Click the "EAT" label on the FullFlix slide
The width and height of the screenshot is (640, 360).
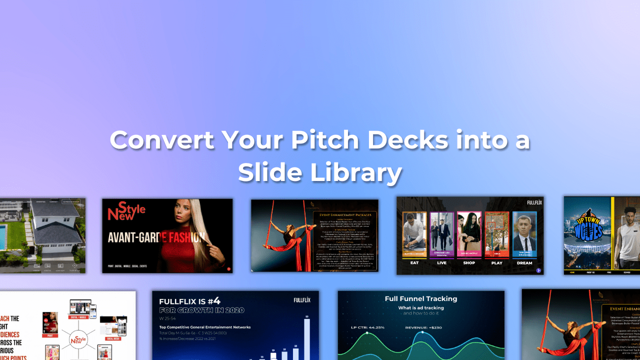click(x=414, y=263)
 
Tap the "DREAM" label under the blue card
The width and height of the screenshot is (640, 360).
click(x=524, y=263)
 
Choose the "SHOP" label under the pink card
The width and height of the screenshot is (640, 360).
click(x=469, y=263)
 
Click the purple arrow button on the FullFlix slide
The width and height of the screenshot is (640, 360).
click(x=538, y=270)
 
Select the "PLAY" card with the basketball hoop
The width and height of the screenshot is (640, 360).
click(x=496, y=235)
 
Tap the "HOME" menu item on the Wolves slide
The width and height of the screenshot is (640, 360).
click(x=572, y=272)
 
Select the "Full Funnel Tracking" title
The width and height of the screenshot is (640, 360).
click(x=420, y=299)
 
